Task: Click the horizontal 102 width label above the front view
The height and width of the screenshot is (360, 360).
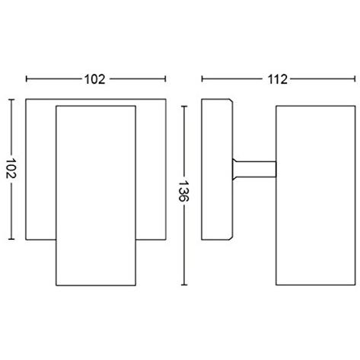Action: (x=96, y=78)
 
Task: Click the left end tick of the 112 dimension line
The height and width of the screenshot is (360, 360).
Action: (x=201, y=78)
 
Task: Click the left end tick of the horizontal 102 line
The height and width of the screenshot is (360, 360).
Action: (x=27, y=78)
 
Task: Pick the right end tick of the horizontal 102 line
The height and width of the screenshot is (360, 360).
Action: (x=165, y=78)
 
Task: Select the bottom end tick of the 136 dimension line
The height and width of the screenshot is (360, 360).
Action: (x=183, y=287)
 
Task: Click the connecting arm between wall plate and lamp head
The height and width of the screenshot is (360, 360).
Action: (x=253, y=169)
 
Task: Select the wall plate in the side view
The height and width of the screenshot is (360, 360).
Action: (x=215, y=169)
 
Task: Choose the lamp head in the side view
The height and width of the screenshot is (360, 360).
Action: (x=312, y=196)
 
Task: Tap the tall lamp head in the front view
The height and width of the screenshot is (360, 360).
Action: (x=96, y=196)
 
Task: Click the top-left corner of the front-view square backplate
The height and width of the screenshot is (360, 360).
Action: (x=27, y=99)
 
